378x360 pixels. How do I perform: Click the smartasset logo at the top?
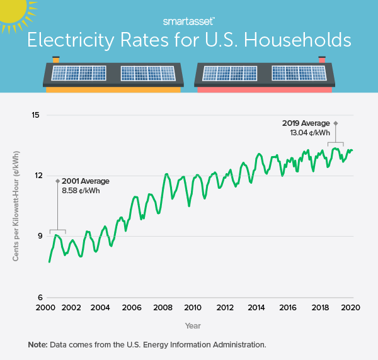(188, 21)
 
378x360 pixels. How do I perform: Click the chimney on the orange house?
(55, 60)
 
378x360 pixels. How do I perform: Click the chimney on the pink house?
(323, 60)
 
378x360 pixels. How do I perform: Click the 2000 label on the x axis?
(44, 308)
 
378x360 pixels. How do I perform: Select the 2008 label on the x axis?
(163, 308)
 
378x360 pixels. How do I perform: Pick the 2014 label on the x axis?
(256, 308)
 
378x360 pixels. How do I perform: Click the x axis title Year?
(193, 325)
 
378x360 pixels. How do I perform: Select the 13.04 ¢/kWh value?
(306, 133)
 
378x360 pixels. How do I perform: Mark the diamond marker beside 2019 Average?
(335, 123)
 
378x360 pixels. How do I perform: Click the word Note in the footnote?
(38, 345)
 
